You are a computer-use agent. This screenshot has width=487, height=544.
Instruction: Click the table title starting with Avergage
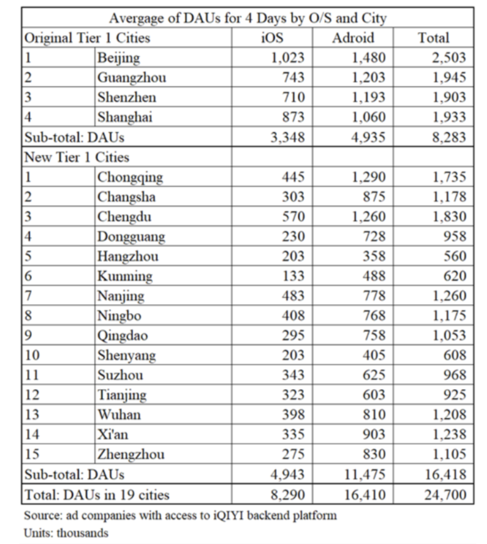248,18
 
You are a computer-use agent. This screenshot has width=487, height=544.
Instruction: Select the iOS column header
272,38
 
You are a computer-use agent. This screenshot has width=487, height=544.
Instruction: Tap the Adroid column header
353,38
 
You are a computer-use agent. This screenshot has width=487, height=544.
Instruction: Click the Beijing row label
118,58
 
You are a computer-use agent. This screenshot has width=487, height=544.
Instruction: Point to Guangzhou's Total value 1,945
449,78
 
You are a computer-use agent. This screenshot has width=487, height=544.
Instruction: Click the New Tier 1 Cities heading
77,157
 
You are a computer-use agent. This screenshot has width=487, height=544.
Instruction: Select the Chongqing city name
130,177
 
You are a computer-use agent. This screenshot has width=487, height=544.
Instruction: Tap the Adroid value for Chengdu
369,216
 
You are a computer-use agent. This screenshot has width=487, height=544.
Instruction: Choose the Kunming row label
125,276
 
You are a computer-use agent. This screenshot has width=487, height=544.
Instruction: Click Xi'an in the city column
112,434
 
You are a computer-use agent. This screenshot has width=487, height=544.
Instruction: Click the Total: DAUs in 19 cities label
97,495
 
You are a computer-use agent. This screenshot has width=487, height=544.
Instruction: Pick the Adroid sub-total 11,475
365,474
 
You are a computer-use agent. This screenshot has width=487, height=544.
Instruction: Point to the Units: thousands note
66,533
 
